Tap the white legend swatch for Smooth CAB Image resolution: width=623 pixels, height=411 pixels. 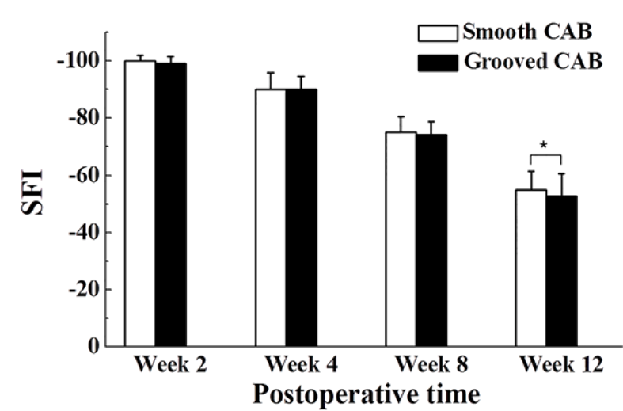pos(437,33)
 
